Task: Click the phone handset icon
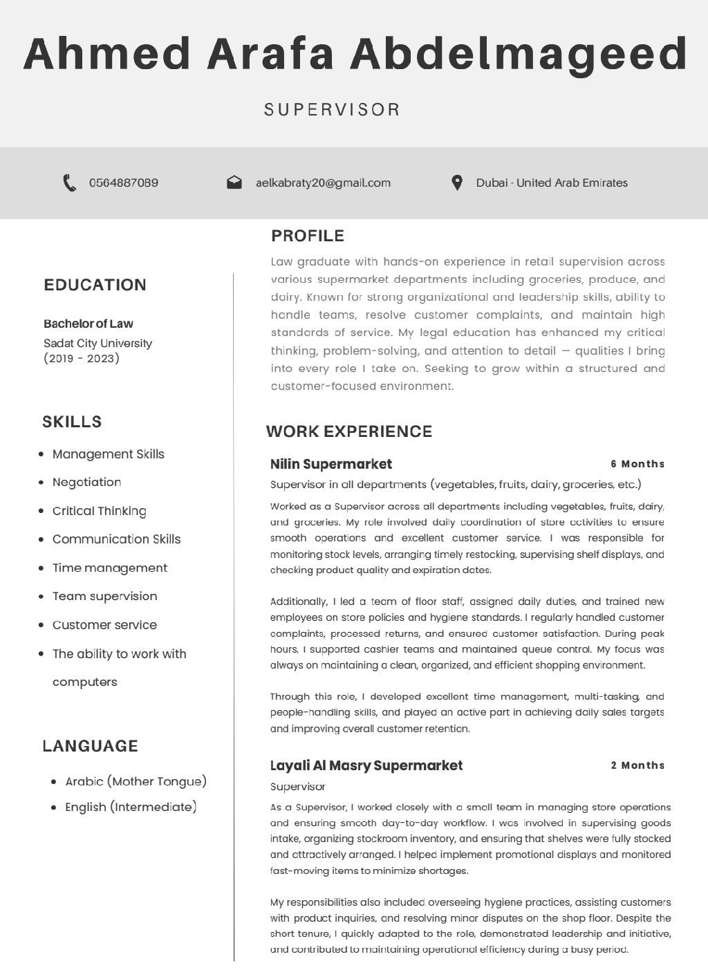point(69,183)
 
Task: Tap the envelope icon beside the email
point(234,183)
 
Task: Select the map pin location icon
point(456,183)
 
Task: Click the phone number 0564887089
point(123,183)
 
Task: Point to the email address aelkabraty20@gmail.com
point(323,183)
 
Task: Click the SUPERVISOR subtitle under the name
point(333,110)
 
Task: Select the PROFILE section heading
point(308,236)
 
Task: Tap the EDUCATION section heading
point(95,285)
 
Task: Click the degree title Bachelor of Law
point(88,324)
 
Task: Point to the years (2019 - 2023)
point(82,358)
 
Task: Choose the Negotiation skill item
point(86,483)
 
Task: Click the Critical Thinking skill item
point(99,511)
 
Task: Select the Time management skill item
point(109,568)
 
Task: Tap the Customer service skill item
point(104,625)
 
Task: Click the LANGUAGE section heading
point(90,746)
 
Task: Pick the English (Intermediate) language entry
point(131,807)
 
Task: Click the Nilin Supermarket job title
point(330,464)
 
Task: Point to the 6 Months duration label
point(637,464)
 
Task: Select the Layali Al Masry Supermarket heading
point(366,765)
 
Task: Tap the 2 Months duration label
point(637,765)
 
